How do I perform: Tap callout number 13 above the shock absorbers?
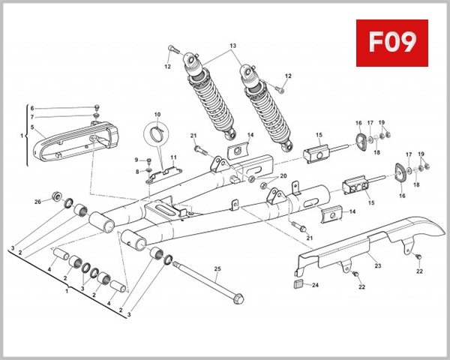232,46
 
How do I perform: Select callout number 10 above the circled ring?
157,115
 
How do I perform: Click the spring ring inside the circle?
157,135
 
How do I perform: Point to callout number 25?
218,268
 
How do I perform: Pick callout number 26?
37,202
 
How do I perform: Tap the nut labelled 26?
55,197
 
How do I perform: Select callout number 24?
315,285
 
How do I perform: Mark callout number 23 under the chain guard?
378,265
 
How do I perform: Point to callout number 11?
172,157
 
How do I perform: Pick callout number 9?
136,160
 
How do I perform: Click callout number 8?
136,172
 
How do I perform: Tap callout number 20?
283,176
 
